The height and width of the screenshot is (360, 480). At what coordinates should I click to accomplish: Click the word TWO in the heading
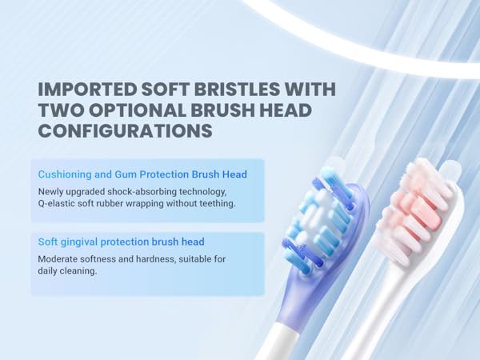[x=57, y=109]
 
